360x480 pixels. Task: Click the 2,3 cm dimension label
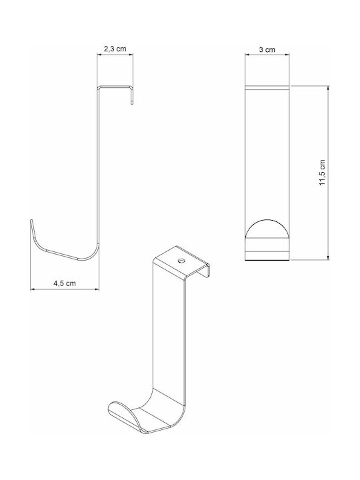(115, 49)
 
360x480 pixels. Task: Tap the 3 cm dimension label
(267, 49)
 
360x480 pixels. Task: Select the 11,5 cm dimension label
(322, 173)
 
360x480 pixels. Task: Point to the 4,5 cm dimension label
(65, 283)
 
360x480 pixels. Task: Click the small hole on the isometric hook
(182, 261)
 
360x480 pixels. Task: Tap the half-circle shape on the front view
(267, 229)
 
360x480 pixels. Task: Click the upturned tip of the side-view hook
(31, 222)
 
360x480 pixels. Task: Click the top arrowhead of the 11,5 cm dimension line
(328, 88)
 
